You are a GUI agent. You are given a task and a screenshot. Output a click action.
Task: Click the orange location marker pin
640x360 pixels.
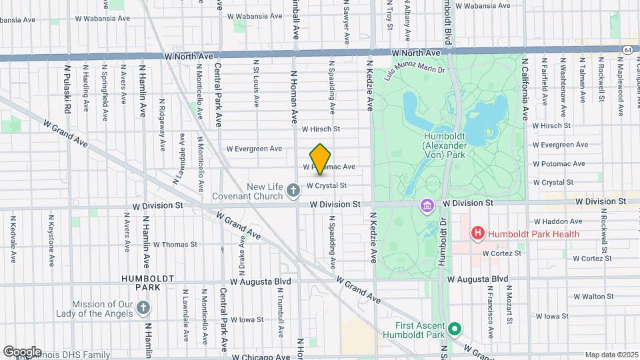[x=321, y=159]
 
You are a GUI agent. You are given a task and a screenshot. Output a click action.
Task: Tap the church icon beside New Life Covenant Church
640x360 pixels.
[x=293, y=192]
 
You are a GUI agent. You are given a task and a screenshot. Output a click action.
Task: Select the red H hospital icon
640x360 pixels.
[x=477, y=233]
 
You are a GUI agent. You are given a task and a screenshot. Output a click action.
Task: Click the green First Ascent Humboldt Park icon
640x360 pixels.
[x=455, y=329]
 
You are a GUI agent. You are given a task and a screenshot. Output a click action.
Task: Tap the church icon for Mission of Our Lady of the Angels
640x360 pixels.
[x=143, y=307]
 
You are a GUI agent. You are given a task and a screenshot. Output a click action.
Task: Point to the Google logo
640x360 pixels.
[x=22, y=352]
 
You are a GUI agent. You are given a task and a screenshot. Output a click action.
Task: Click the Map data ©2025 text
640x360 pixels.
[x=611, y=355]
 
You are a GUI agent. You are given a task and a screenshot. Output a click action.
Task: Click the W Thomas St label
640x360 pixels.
[x=175, y=245]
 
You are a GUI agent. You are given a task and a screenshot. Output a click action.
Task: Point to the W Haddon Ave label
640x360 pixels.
[x=559, y=221]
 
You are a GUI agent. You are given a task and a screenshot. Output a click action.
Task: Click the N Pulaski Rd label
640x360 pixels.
[x=67, y=83]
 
